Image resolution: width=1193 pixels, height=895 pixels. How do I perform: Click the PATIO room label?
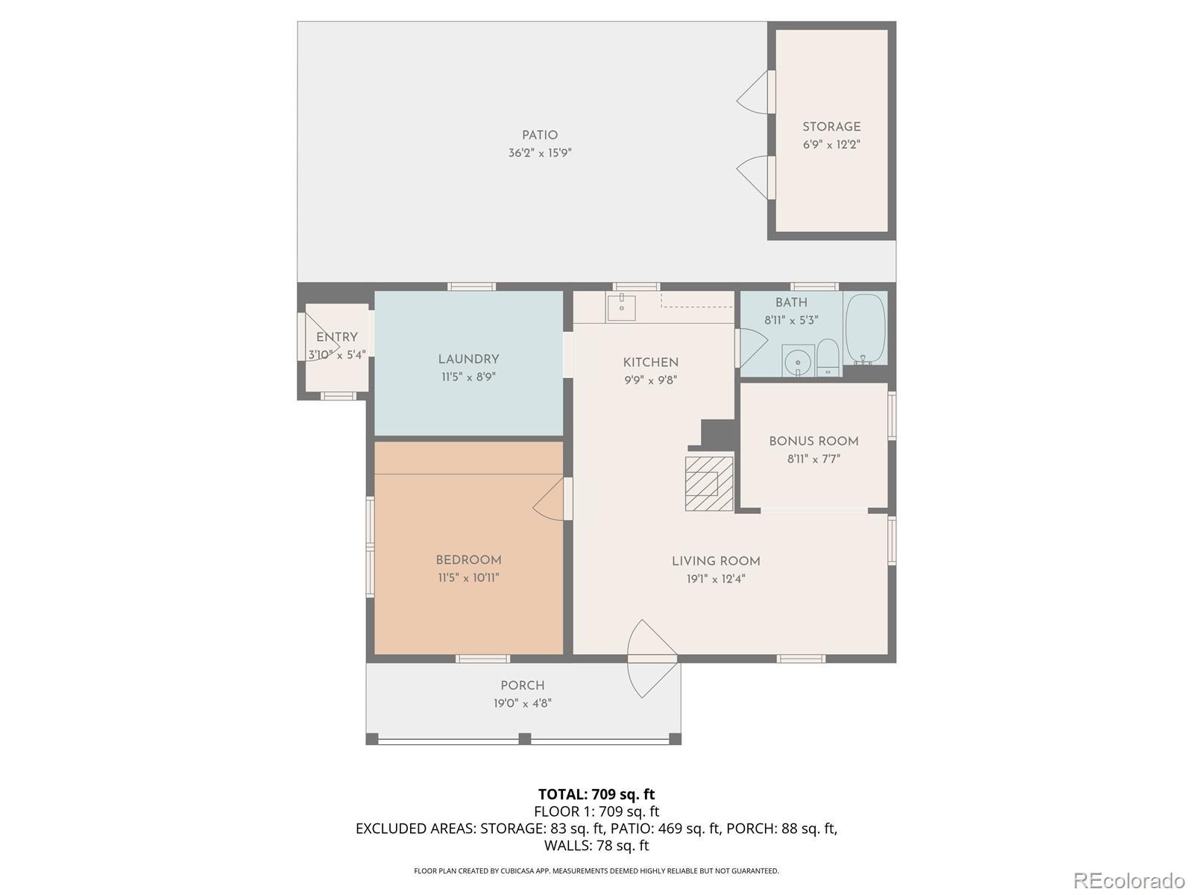[540, 135]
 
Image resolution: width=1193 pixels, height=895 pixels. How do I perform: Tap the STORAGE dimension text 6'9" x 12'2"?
[831, 145]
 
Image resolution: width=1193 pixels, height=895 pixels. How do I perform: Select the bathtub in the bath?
[865, 329]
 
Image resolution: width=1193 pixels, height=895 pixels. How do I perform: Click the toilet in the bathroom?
[828, 357]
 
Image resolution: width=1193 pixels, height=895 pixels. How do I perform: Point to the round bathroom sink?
[798, 360]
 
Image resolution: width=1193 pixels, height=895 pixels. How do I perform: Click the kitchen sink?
[620, 308]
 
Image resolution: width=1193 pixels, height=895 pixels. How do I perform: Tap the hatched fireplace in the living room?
[709, 483]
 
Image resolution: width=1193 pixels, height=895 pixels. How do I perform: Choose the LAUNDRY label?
[468, 359]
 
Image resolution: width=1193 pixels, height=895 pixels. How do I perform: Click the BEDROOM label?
[468, 559]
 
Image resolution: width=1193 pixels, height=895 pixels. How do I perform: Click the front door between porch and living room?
[652, 659]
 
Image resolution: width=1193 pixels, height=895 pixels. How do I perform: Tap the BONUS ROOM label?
[813, 442]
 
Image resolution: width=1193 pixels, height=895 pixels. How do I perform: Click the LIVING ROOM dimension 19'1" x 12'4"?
[716, 580]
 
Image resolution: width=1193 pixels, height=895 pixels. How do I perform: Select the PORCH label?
[523, 685]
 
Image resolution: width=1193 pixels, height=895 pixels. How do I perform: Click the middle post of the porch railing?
[524, 739]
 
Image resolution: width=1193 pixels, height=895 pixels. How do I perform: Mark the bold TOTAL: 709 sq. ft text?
[596, 794]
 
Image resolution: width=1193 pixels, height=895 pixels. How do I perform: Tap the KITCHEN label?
[651, 362]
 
